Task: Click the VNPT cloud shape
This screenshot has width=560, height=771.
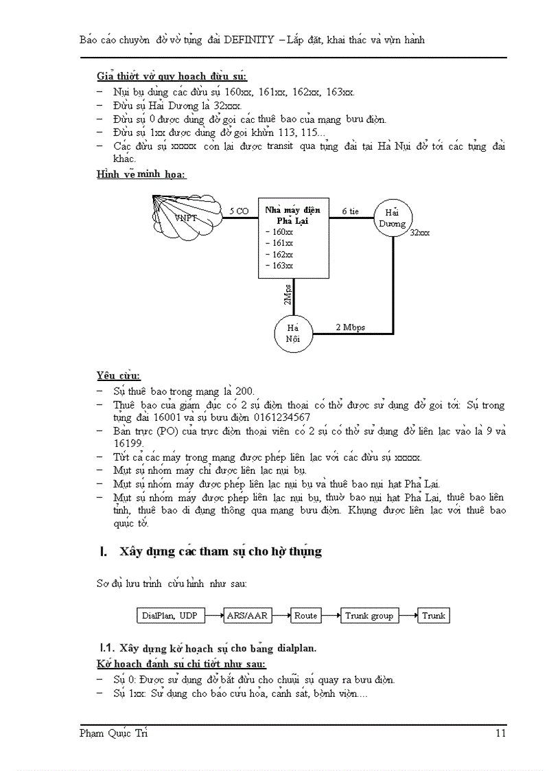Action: pyautogui.click(x=184, y=218)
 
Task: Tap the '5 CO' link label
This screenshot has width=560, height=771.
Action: pyautogui.click(x=239, y=211)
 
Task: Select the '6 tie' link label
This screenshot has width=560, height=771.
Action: pyautogui.click(x=350, y=211)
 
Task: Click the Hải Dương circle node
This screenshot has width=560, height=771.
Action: pyautogui.click(x=392, y=218)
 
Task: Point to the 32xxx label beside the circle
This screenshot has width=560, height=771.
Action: pyautogui.click(x=419, y=233)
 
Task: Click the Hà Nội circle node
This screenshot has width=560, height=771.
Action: pyautogui.click(x=293, y=333)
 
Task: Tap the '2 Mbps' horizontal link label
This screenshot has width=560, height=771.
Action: pyautogui.click(x=350, y=327)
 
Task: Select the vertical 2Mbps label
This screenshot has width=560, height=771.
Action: pyautogui.click(x=288, y=295)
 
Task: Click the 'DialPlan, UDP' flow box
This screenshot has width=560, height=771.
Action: pyautogui.click(x=170, y=615)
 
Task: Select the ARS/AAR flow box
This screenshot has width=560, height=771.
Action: pyautogui.click(x=247, y=615)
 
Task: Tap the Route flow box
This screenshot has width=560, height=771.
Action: pyautogui.click(x=305, y=615)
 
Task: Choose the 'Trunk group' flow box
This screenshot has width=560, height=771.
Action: pyautogui.click(x=369, y=615)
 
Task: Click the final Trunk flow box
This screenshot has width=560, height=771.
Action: pyautogui.click(x=433, y=615)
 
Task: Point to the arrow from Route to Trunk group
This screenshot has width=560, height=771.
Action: pyautogui.click(x=331, y=615)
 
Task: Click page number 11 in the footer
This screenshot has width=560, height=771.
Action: pyautogui.click(x=500, y=733)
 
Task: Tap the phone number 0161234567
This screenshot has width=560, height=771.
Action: pyautogui.click(x=281, y=417)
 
